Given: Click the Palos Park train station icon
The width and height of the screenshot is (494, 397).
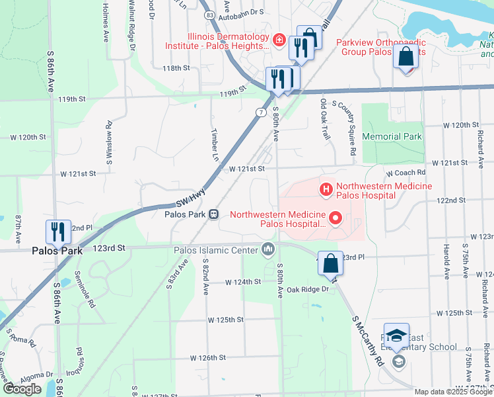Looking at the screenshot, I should pos(214,214).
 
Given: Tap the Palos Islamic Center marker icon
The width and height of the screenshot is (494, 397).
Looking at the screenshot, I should pos(268,249).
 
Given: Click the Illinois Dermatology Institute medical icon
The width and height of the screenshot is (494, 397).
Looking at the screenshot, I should pos(279,41).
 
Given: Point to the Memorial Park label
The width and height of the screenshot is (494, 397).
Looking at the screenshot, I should pos(392,136).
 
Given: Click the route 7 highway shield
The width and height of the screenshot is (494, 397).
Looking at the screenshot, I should pos(262,112).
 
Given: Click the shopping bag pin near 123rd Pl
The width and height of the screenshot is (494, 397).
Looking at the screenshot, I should pos(330,262).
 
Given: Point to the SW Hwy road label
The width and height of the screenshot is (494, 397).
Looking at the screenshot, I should pos(191,197).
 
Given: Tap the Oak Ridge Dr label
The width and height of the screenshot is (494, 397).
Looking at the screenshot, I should pos(307,289).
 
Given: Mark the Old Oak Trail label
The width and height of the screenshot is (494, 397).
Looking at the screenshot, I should pos(324,119).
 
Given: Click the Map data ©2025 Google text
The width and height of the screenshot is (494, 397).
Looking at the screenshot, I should pos(453,392).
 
